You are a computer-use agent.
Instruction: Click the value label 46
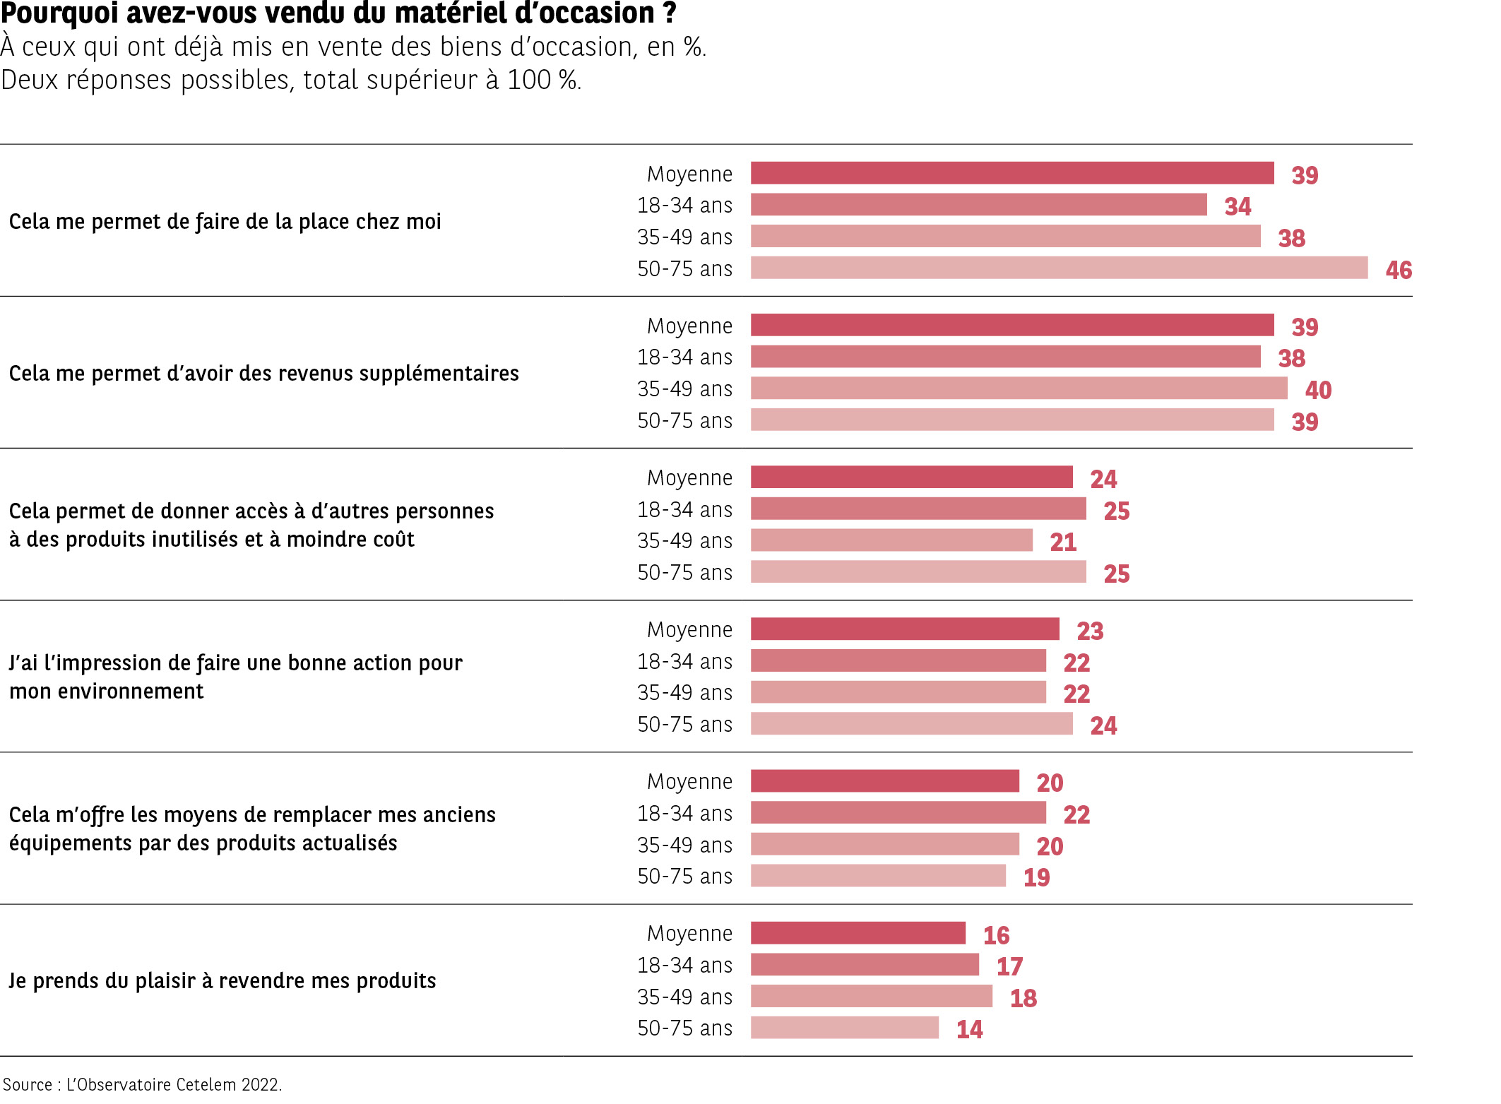pyautogui.click(x=1398, y=270)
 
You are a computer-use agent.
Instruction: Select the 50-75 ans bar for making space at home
pyautogui.click(x=1058, y=268)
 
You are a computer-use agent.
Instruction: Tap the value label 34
pyautogui.click(x=1238, y=206)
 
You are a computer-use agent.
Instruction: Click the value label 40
pyautogui.click(x=1318, y=390)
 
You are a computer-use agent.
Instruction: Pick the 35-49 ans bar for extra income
pyautogui.click(x=1019, y=388)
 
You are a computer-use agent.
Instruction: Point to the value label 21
pyautogui.click(x=1063, y=542)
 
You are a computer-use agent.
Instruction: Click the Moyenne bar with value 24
pyautogui.click(x=911, y=477)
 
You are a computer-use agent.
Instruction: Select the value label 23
pyautogui.click(x=1090, y=631)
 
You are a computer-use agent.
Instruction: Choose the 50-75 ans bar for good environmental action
pyautogui.click(x=911, y=724)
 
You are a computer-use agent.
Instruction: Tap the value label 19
pyautogui.click(x=1036, y=877)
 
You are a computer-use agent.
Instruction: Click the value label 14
pyautogui.click(x=969, y=1029)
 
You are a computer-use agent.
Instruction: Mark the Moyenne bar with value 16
pyautogui.click(x=858, y=933)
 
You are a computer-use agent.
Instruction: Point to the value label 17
pyautogui.click(x=1009, y=966)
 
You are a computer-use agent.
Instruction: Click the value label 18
pyautogui.click(x=1023, y=998)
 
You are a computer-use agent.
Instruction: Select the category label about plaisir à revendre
pyautogui.click(x=223, y=981)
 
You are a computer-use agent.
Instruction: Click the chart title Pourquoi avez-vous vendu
pyautogui.click(x=338, y=13)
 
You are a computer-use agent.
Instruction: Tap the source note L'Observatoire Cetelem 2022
pyautogui.click(x=142, y=1084)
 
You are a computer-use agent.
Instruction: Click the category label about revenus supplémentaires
pyautogui.click(x=263, y=373)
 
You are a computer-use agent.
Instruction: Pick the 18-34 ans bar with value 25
pyautogui.click(x=918, y=509)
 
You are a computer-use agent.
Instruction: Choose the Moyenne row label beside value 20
pyautogui.click(x=689, y=782)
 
